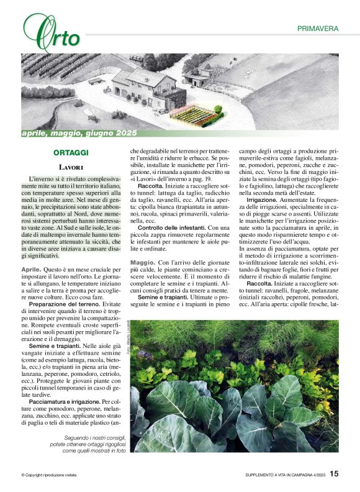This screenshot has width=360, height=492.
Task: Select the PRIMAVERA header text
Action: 318,29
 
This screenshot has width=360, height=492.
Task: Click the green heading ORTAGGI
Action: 71,152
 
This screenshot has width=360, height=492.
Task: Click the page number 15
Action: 334,473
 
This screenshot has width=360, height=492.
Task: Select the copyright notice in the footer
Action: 49,475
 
